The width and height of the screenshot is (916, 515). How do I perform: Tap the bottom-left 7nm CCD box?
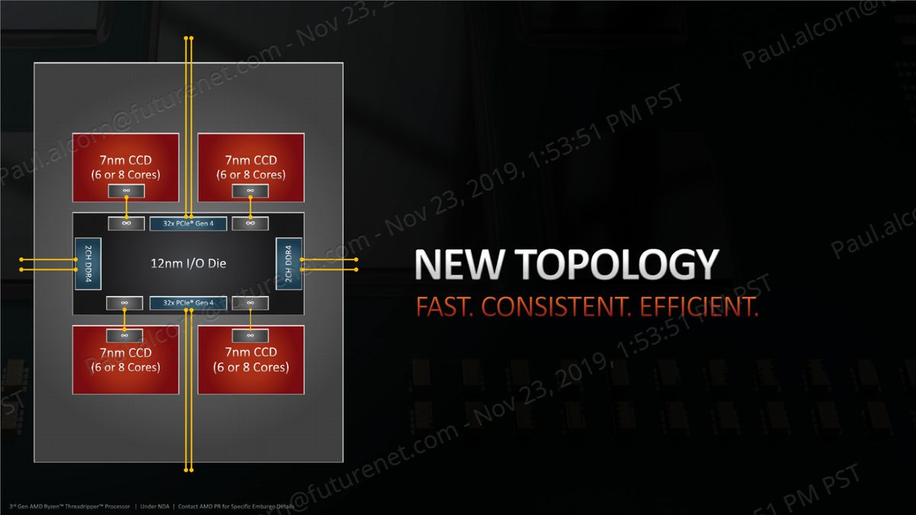(126, 359)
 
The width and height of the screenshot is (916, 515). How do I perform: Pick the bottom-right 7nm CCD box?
(250, 359)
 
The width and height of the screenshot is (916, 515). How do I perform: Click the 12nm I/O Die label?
(188, 263)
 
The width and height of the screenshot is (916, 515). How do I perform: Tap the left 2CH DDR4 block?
(82, 263)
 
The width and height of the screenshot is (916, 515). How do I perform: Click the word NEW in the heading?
(460, 265)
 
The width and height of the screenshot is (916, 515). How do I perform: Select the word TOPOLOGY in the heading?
(616, 265)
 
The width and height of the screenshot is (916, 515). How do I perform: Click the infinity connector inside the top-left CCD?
(126, 191)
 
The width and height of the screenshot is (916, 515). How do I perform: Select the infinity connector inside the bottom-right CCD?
(250, 335)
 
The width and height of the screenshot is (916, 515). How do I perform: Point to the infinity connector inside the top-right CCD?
(250, 191)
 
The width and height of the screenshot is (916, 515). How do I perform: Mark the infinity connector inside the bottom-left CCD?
(126, 335)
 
